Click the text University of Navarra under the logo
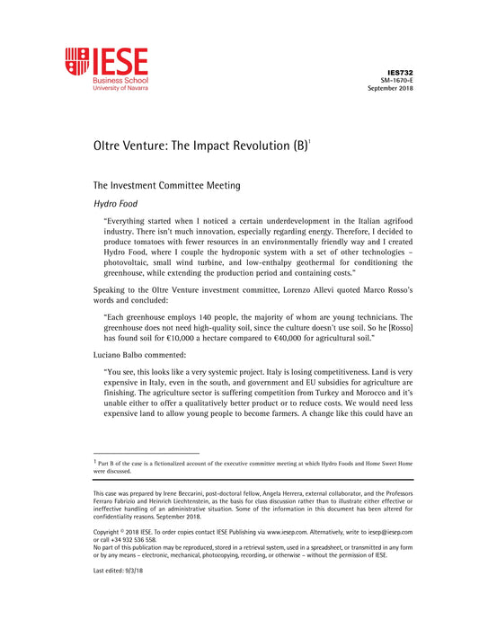pos(120,91)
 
